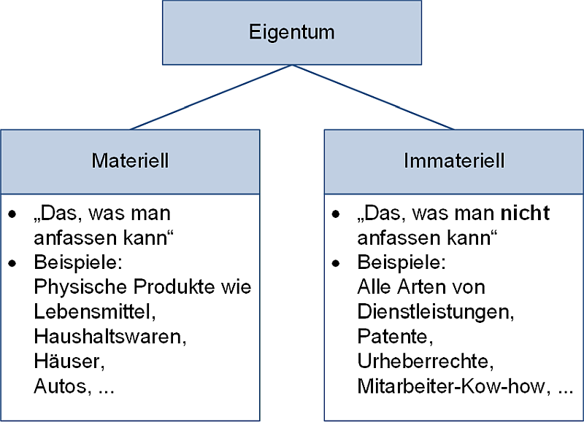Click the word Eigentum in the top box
tap(291, 33)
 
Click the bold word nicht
tap(524, 214)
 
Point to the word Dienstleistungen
tap(434, 312)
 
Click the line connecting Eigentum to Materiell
tap(212, 97)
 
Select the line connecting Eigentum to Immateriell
tap(372, 97)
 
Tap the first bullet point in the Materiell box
tap(12, 215)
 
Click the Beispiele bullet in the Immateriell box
tap(336, 263)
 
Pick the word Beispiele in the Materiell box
tap(70, 262)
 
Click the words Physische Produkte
tap(112, 287)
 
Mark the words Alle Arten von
tap(420, 287)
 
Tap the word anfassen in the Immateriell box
tap(391, 238)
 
